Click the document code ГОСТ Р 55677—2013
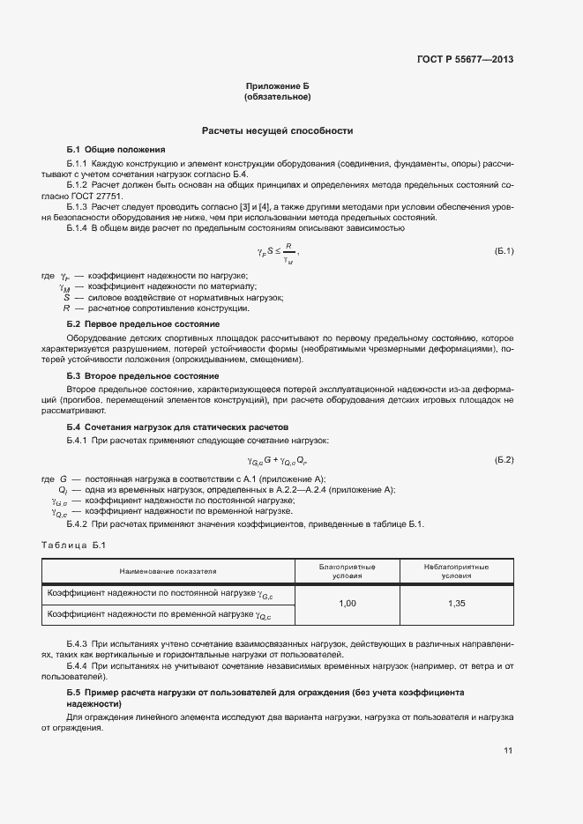[x=465, y=60]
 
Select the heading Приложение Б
[x=278, y=85]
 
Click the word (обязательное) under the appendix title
[x=278, y=97]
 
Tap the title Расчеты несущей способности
[x=278, y=130]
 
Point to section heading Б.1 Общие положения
[x=116, y=149]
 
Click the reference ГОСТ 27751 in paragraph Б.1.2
[x=97, y=197]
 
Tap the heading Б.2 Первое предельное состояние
[x=143, y=324]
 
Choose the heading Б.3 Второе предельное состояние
[x=143, y=376]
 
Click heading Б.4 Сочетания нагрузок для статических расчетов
[x=177, y=427]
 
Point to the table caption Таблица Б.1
[x=73, y=545]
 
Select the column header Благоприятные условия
[x=348, y=571]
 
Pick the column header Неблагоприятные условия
[x=456, y=571]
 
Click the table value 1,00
[x=348, y=604]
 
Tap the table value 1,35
[x=456, y=604]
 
